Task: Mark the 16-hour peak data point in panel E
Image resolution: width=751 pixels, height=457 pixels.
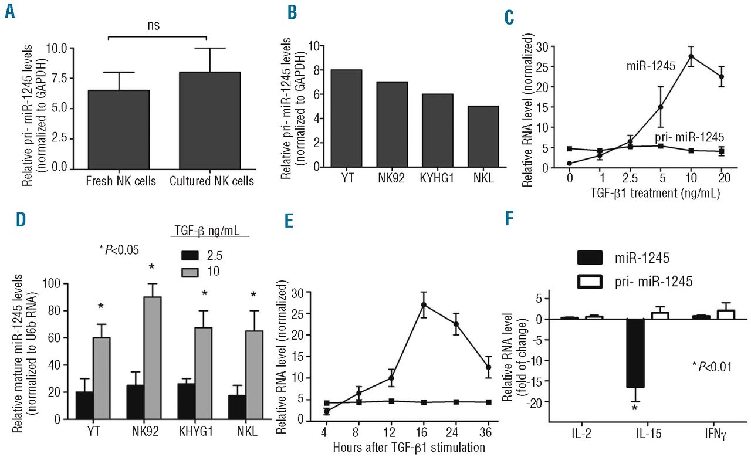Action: pyautogui.click(x=423, y=304)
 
